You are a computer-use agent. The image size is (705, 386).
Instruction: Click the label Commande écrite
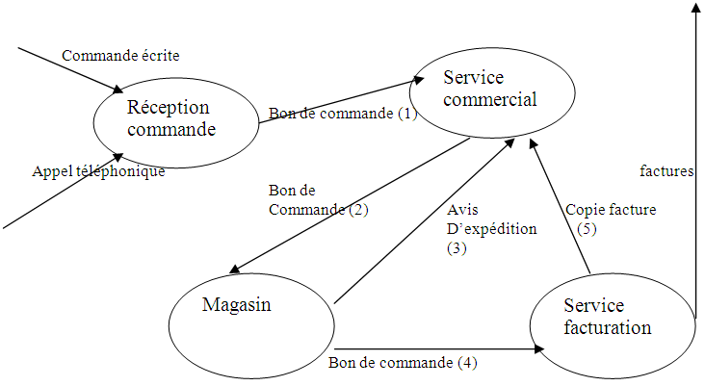coord(120,56)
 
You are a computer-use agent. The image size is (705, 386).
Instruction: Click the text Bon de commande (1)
coord(343,114)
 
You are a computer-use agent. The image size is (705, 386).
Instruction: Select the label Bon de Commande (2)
coord(318,199)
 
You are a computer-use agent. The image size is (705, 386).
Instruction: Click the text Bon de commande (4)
coord(403,363)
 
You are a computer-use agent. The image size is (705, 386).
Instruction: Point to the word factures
coord(666,171)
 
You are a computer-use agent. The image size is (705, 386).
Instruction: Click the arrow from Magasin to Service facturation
coord(433,347)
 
